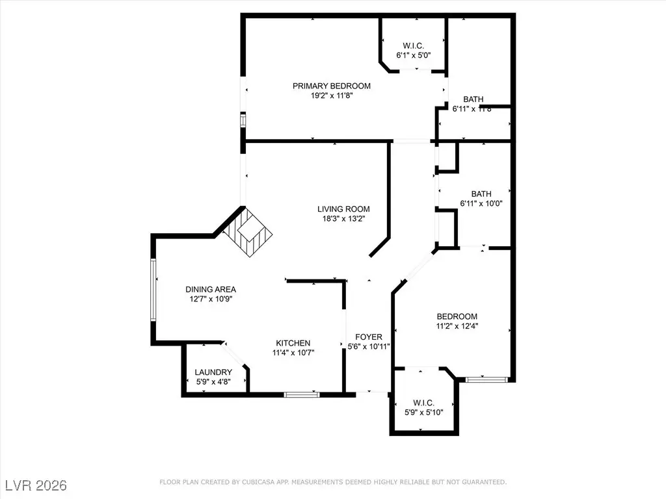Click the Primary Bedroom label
pyautogui.click(x=331, y=86)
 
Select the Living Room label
pyautogui.click(x=343, y=209)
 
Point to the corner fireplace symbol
pyautogui.click(x=248, y=234)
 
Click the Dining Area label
pyautogui.click(x=211, y=290)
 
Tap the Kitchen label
pyautogui.click(x=293, y=343)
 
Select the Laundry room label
pyautogui.click(x=213, y=372)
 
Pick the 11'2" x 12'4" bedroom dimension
pyautogui.click(x=457, y=327)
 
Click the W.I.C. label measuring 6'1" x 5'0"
pyautogui.click(x=413, y=45)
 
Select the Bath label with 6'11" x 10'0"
pyautogui.click(x=481, y=194)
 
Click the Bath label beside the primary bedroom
pyautogui.click(x=473, y=99)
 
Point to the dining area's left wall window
pyautogui.click(x=154, y=290)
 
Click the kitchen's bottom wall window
pyautogui.click(x=302, y=394)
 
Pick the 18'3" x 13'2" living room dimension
pyautogui.click(x=343, y=219)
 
